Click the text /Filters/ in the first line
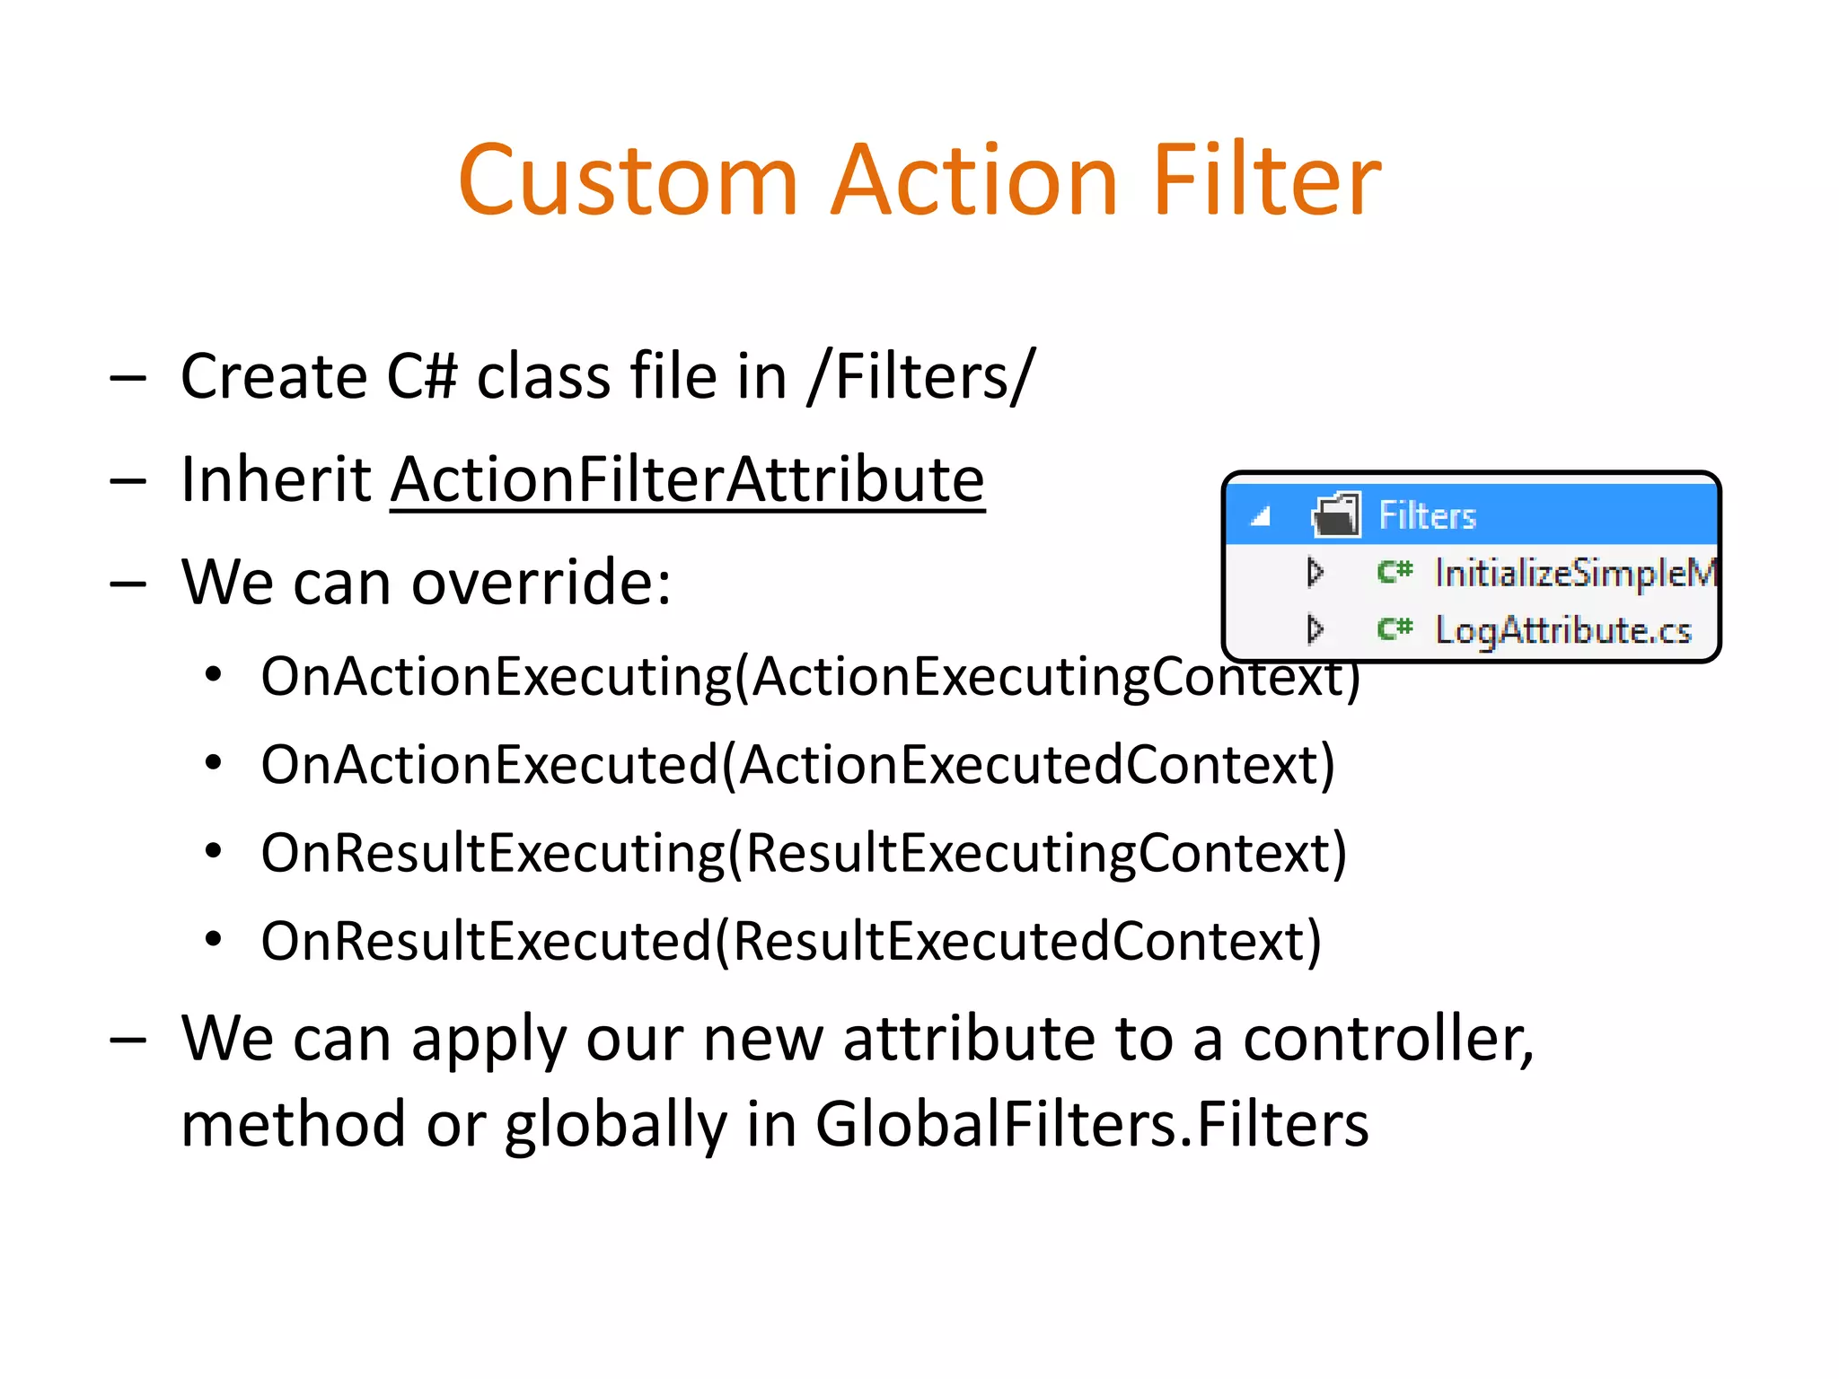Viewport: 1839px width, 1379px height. point(921,376)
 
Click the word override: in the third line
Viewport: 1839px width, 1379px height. point(541,583)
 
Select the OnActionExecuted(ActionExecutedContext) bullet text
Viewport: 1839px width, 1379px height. point(797,765)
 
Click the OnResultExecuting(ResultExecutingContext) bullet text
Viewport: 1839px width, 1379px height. point(804,853)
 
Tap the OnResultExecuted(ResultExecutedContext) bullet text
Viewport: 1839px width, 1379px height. point(791,941)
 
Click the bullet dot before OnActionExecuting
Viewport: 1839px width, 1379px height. point(213,676)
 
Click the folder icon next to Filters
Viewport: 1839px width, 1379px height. point(1336,515)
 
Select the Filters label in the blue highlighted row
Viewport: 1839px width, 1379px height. point(1427,516)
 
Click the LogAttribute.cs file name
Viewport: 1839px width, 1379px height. point(1562,630)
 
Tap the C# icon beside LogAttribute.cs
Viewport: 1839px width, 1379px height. point(1395,628)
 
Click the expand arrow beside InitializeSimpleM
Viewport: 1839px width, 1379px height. point(1315,572)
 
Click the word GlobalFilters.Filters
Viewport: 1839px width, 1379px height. point(1091,1124)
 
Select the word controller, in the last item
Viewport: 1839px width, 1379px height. point(1388,1039)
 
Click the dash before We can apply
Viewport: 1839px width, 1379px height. point(128,1040)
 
